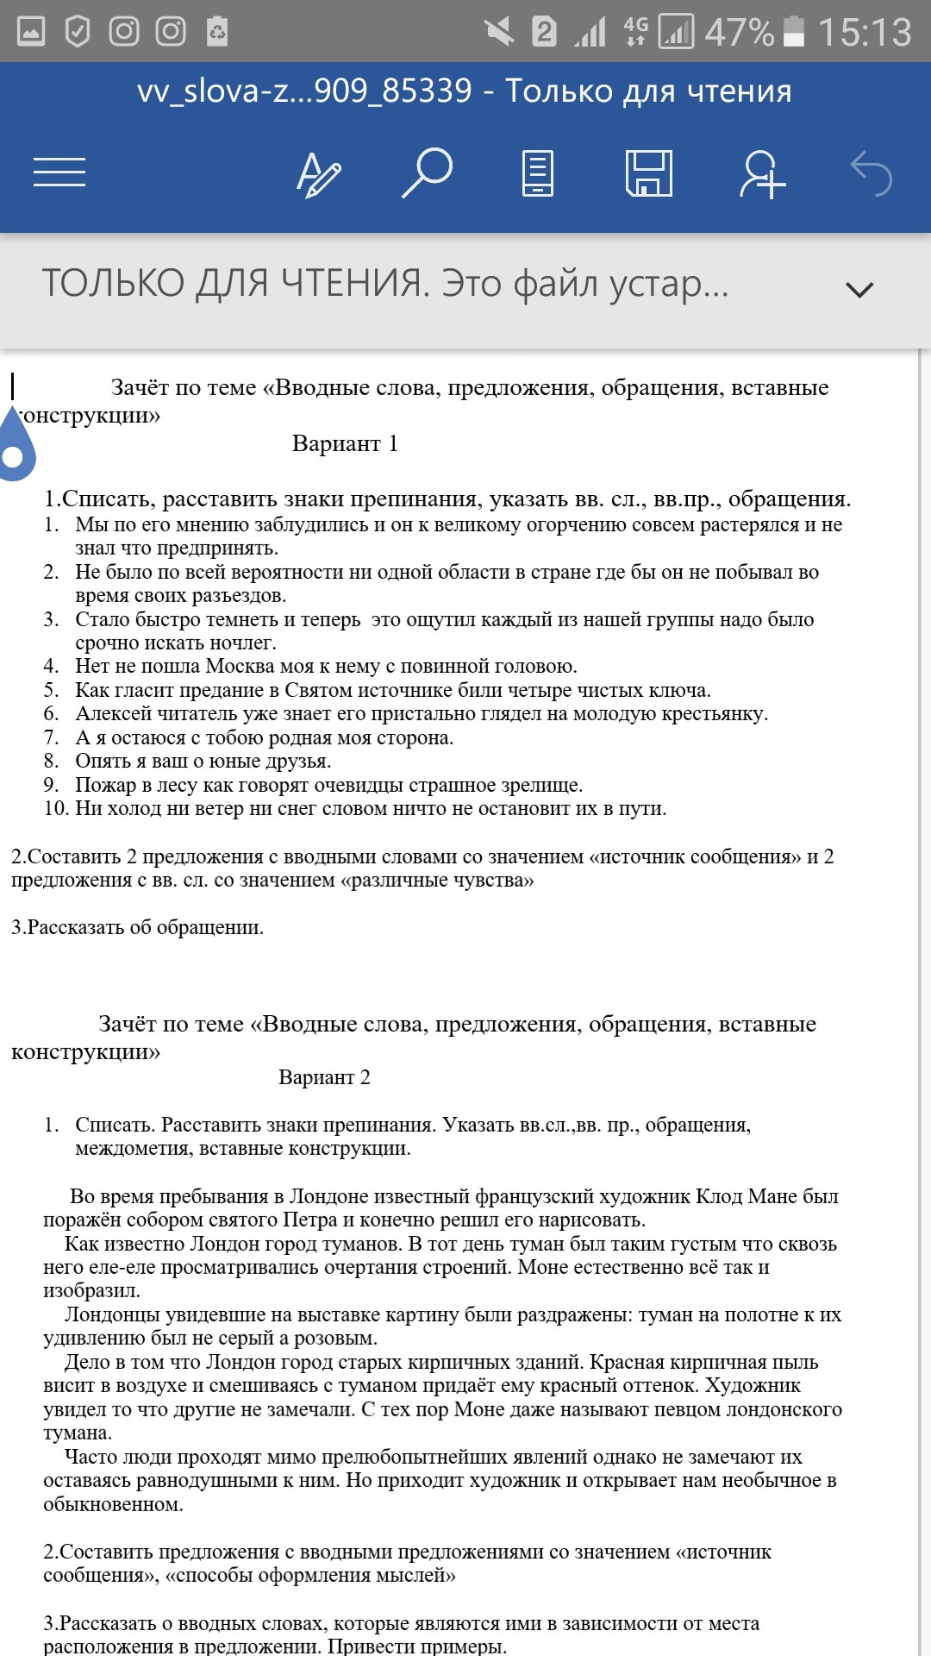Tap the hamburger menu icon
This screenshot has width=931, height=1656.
click(59, 172)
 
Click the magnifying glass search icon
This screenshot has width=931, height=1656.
click(427, 172)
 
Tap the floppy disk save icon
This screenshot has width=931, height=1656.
click(648, 172)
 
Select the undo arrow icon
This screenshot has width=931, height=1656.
click(871, 173)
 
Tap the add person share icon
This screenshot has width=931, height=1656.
click(762, 173)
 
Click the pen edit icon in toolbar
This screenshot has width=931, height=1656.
click(318, 174)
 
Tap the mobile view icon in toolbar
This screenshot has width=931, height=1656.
click(538, 173)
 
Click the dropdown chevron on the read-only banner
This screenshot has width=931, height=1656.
click(859, 289)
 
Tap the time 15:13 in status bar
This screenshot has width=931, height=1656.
click(864, 33)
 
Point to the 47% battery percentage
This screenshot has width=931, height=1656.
click(739, 33)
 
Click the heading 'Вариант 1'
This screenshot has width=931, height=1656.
click(345, 443)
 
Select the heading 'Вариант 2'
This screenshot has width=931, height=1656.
click(324, 1077)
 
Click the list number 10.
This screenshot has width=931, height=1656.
click(56, 808)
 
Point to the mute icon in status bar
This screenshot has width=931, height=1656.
click(499, 33)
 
